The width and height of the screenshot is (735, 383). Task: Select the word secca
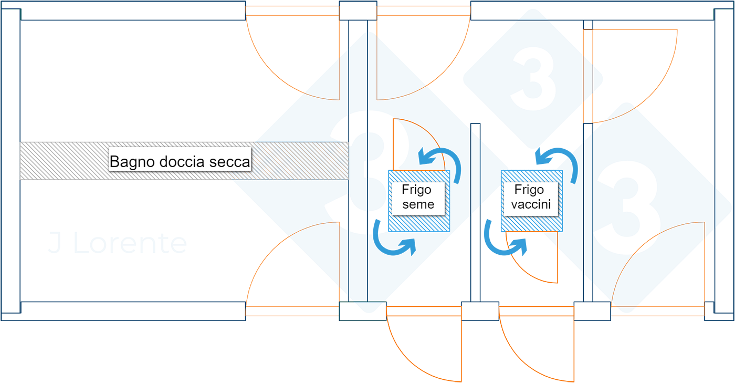(x=230, y=162)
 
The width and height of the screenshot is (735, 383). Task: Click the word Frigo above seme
(x=416, y=190)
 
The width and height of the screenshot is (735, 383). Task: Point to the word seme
(x=418, y=204)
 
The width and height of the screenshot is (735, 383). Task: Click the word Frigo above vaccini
(x=529, y=190)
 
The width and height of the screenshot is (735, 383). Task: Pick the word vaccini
(x=530, y=204)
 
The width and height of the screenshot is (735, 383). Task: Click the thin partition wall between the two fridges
(x=475, y=210)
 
